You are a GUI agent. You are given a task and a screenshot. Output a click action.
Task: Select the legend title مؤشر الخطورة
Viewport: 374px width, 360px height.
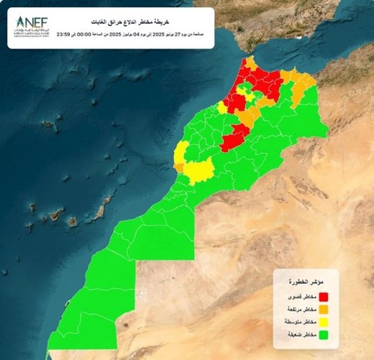pos(304,282)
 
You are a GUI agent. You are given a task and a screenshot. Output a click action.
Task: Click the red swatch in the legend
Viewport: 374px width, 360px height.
pos(324,296)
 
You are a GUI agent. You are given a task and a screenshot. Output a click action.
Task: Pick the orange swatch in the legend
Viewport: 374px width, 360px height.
pos(324,309)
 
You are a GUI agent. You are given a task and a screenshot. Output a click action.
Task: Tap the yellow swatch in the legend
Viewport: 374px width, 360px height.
pos(324,322)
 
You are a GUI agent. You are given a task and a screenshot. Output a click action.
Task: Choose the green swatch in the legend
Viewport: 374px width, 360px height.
pos(324,334)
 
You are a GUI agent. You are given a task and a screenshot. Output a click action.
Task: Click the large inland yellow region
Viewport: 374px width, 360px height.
pos(201,170)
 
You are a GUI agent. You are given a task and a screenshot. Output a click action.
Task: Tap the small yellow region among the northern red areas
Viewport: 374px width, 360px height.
pos(246,88)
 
